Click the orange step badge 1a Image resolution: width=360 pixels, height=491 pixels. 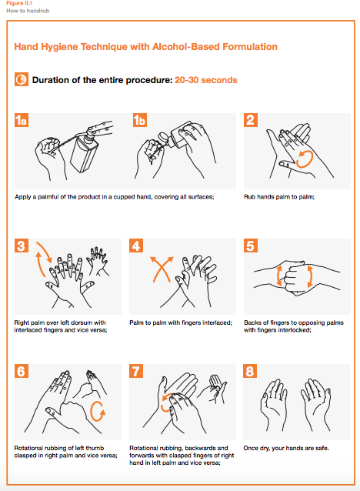pos(22,120)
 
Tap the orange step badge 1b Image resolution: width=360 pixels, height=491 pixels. pos(140,120)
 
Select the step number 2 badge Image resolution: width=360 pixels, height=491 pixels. pos(251,120)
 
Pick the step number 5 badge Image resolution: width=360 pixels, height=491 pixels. pos(251,245)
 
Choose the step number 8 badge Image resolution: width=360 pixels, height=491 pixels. pos(250,371)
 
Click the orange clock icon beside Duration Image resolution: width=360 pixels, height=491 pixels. pos(22,79)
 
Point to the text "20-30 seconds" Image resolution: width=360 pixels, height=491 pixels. pos(205,80)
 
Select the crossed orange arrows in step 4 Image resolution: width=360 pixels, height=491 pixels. pos(162,269)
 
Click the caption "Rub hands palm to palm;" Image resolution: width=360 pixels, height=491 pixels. pos(279,197)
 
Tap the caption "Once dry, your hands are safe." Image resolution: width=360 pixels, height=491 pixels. pos(286,448)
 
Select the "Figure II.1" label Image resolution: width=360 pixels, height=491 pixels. pos(19,3)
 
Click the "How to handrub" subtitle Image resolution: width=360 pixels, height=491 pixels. pos(28,11)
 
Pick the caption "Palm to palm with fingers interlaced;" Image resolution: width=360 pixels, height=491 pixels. pos(181,322)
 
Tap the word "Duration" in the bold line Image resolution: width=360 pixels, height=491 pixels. pos(51,80)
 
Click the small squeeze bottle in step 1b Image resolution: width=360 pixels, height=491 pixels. pos(175,135)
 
